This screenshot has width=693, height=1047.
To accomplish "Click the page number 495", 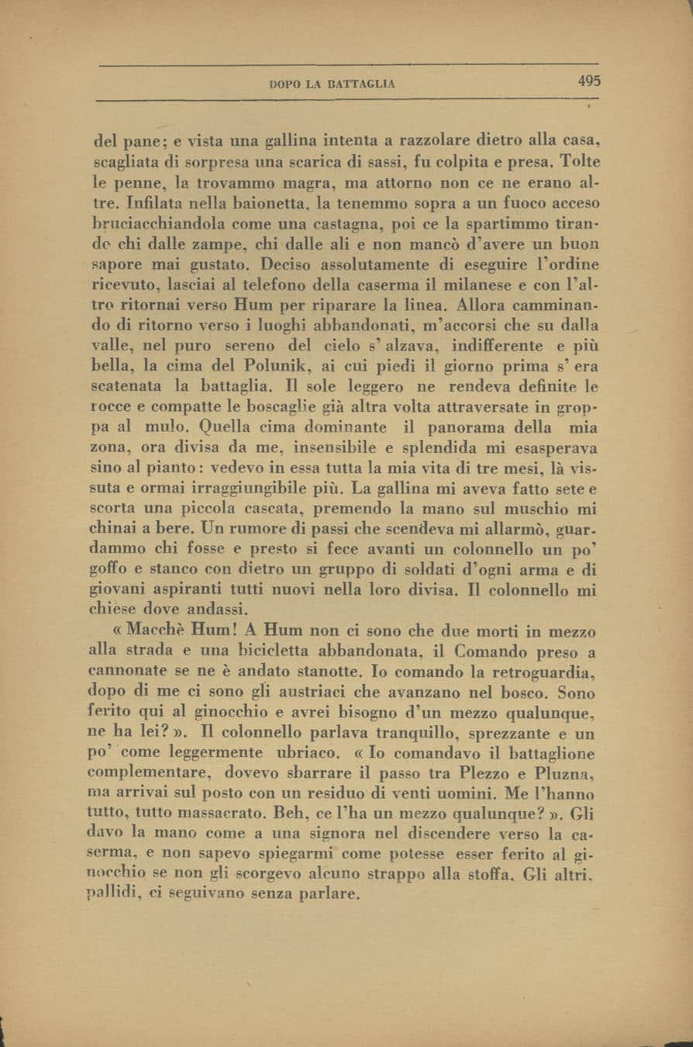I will [x=588, y=81].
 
